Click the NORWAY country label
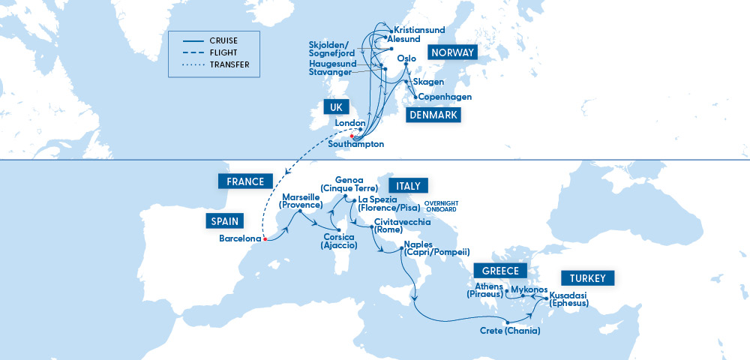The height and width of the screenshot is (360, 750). pos(452,52)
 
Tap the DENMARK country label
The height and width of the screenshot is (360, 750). pos(433,115)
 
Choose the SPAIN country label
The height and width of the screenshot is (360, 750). pos(225,220)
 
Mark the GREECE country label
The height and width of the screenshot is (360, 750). pos(500,271)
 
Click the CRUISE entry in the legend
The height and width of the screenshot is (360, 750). pos(224,41)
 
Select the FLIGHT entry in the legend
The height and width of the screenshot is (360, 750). pos(223,53)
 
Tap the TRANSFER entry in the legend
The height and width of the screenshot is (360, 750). pos(229,65)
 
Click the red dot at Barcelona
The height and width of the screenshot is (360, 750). pos(265,239)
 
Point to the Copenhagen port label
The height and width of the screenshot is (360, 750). pos(445,96)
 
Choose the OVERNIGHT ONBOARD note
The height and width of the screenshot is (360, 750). pos(441,206)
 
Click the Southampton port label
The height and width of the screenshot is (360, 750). pos(357,144)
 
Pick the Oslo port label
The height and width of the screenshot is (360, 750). pos(406,58)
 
